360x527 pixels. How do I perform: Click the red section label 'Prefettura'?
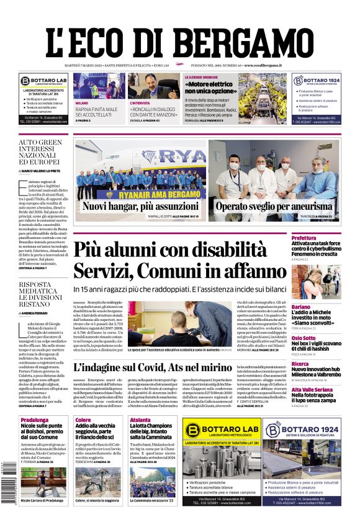pos(322,238)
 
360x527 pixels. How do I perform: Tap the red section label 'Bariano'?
pos(318,307)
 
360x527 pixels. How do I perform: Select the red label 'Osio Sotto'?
pos(321,338)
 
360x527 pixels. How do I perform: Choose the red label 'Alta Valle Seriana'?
pos(329,389)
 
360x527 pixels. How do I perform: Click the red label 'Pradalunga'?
pos(35,420)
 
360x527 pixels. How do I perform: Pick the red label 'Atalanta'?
pos(140,420)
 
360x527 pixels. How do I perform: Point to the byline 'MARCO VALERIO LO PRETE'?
pos(45,172)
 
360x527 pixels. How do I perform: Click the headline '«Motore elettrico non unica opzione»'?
pos(210,87)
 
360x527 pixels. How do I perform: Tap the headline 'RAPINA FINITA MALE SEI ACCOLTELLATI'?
pos(97,113)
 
